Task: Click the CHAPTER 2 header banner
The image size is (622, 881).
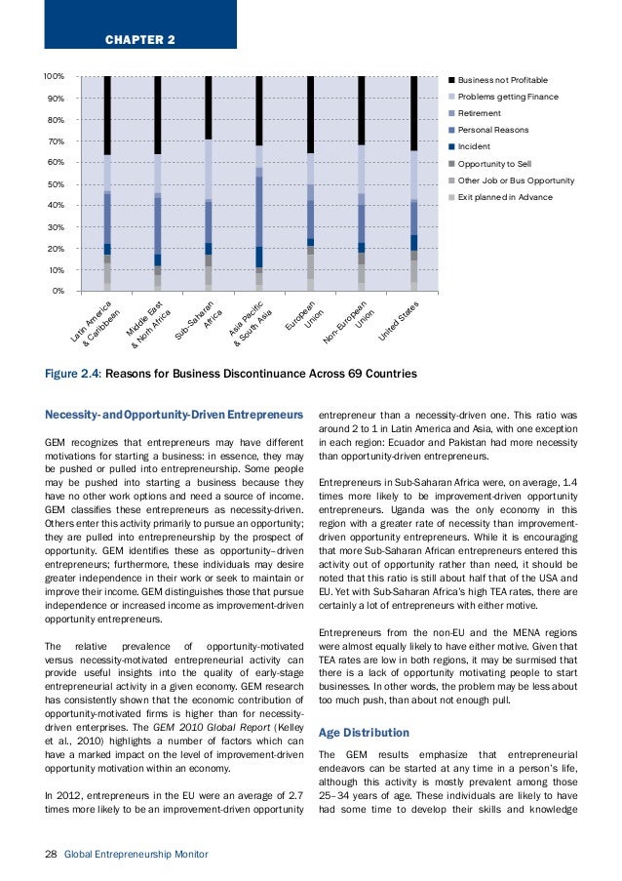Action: click(x=139, y=40)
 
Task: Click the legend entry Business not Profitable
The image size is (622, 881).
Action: click(x=502, y=79)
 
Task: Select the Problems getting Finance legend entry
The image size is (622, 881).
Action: click(x=507, y=97)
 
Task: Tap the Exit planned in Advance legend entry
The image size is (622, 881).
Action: click(x=504, y=197)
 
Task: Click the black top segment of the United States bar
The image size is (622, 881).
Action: click(x=413, y=112)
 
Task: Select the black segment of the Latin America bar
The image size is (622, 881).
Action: click(x=107, y=115)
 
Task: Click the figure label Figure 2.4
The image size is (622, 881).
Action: click(x=73, y=373)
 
